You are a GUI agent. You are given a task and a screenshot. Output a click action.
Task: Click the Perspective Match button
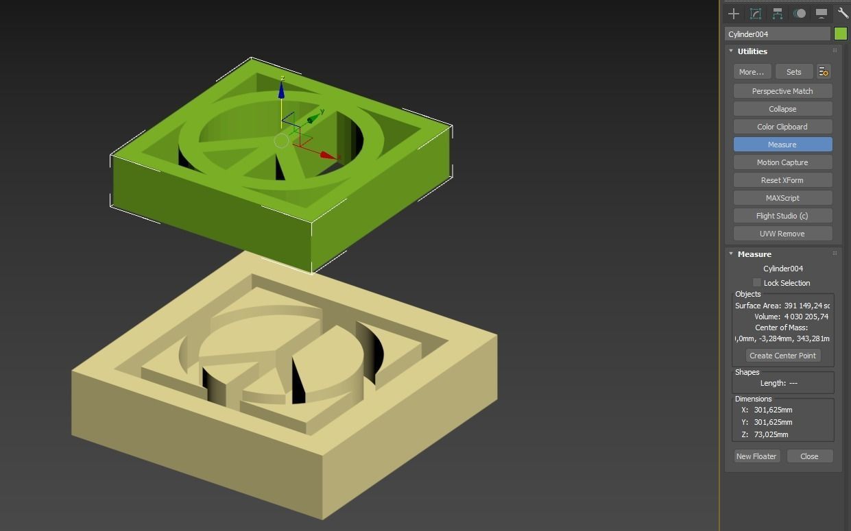tap(782, 91)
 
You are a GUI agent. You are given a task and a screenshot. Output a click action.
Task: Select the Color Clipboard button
tap(782, 127)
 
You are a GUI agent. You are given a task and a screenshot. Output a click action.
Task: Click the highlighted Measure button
tap(782, 145)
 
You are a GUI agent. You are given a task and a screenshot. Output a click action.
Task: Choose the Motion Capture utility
tap(782, 162)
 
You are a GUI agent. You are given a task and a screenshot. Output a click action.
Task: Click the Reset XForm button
tap(782, 180)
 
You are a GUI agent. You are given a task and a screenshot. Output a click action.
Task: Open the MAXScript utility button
tap(782, 198)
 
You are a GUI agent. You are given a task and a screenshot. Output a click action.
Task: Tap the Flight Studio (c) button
tap(782, 216)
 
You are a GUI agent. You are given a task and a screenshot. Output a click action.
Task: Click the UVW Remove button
tap(782, 234)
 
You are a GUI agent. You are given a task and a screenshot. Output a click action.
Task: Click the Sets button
tap(793, 72)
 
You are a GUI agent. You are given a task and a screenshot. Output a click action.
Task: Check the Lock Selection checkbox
tap(756, 283)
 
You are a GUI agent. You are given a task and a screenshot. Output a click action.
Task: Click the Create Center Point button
tap(782, 356)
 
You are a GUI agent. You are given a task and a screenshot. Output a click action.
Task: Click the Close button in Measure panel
tap(809, 456)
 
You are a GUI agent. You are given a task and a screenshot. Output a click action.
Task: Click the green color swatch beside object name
tap(841, 34)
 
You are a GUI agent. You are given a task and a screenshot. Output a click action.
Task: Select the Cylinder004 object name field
tap(778, 34)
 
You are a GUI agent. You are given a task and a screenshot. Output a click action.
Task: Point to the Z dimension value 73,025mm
tap(771, 434)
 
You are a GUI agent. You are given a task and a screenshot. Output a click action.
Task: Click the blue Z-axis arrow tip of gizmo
tap(281, 89)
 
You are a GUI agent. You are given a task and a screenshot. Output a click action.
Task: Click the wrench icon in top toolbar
tap(843, 13)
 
